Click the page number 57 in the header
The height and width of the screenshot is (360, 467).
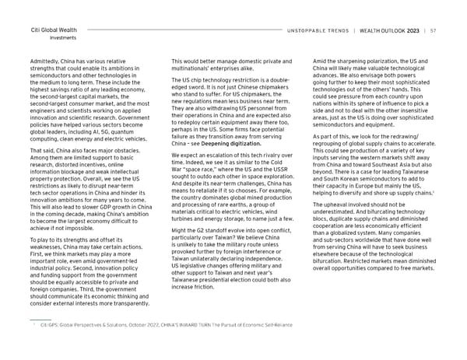(433, 30)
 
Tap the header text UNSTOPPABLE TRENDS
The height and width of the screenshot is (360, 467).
(318, 30)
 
